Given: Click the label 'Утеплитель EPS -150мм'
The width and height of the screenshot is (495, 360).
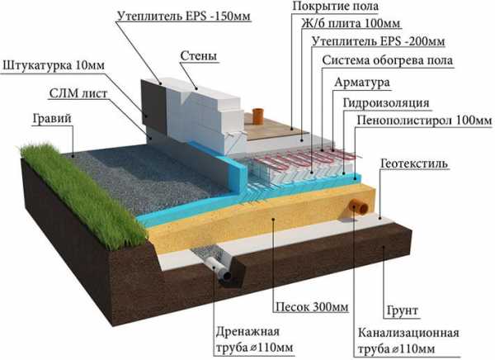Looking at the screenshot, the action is click(x=184, y=17).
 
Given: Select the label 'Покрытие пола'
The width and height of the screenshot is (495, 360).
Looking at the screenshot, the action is click(x=335, y=7).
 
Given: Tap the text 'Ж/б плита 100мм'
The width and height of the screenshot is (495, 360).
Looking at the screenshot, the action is click(x=351, y=23).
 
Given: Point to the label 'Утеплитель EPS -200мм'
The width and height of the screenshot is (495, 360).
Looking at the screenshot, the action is click(x=378, y=41).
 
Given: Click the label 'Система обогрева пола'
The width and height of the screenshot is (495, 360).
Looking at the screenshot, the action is click(x=388, y=60).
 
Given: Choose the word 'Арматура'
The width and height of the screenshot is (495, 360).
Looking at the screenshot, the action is click(x=362, y=83).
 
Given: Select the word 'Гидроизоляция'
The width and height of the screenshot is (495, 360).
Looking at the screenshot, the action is click(x=386, y=103).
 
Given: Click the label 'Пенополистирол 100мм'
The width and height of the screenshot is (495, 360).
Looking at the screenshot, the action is click(x=425, y=121).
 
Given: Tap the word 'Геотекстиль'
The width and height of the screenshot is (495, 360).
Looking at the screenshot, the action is click(x=414, y=163).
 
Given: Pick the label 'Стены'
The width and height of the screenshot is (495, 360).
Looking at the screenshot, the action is click(x=199, y=56).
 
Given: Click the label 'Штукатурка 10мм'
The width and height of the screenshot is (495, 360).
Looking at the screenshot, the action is click(x=54, y=66).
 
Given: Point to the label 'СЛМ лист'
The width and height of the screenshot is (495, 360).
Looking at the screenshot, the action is click(x=78, y=93).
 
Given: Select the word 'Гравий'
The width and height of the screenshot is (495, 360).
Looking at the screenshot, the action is click(x=52, y=119).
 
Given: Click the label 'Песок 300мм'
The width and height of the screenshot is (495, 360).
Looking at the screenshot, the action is click(x=312, y=307).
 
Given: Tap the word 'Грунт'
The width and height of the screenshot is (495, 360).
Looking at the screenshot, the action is click(x=403, y=311).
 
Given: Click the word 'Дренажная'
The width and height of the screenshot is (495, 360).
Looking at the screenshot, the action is click(x=247, y=332).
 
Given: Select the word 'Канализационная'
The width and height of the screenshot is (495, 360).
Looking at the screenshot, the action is click(x=408, y=333).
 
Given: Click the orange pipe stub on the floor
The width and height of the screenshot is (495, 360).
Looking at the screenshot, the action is click(x=257, y=116).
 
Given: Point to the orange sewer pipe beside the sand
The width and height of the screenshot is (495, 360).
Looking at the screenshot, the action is click(x=358, y=209).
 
